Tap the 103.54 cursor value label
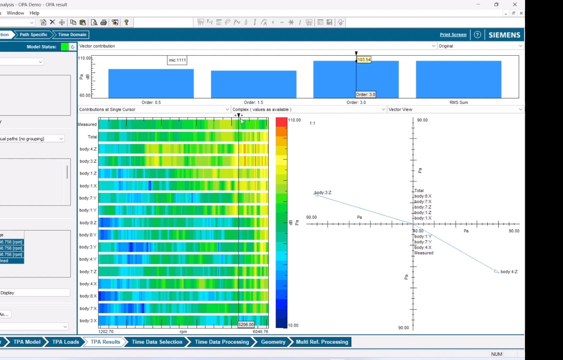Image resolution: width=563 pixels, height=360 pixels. (x=364, y=60)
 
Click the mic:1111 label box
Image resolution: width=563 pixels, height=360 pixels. (x=177, y=60)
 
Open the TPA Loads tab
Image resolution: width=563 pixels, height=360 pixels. (x=65, y=342)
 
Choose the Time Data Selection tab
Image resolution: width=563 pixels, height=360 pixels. (x=157, y=342)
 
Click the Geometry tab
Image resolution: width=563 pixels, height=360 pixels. (x=273, y=342)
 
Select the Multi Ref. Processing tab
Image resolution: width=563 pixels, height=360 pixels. (x=322, y=342)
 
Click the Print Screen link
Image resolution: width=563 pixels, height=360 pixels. (x=453, y=35)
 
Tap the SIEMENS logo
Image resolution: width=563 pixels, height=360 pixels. (x=504, y=35)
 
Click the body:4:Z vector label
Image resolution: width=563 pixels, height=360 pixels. (x=509, y=272)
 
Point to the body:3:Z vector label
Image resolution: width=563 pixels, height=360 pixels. (x=323, y=193)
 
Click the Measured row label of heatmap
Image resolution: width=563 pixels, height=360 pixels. (x=87, y=124)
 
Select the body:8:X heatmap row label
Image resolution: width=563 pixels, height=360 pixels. (x=88, y=296)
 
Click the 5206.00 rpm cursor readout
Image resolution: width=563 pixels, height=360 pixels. (x=246, y=325)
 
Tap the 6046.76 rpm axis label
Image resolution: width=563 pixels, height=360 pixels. (x=260, y=332)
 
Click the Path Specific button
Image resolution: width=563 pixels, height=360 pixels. (x=33, y=35)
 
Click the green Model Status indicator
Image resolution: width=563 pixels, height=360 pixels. (x=65, y=47)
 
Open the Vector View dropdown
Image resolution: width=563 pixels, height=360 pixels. (x=455, y=109)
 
